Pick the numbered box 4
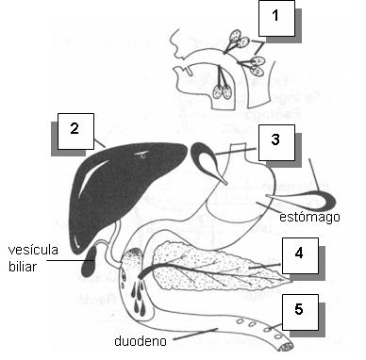[297, 254]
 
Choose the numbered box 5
[297, 310]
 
